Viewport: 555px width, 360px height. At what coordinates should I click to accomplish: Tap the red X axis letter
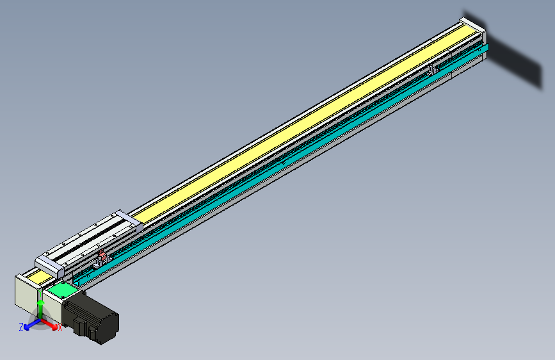[x=60, y=328]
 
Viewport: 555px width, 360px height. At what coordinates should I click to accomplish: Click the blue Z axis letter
[x=21, y=327]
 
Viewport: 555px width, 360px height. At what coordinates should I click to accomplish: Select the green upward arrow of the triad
[x=40, y=311]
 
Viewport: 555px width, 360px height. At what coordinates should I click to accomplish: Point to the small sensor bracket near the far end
[x=433, y=68]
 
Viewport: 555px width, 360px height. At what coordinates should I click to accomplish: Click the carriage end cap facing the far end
[x=128, y=220]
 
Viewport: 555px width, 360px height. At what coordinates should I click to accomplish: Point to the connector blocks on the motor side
[x=79, y=325]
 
